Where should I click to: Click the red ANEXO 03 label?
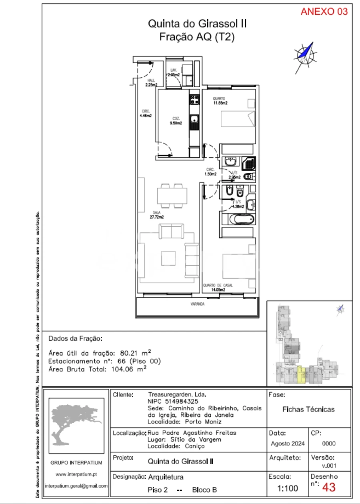pos(324,12)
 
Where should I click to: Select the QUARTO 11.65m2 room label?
pos(220,101)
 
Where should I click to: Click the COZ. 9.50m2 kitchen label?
pos(176,121)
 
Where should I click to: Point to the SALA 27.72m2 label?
pos(157,215)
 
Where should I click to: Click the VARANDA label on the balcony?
pos(197,304)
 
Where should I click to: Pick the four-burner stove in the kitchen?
pos(194,99)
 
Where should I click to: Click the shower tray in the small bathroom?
pos(248,163)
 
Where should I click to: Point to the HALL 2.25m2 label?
pos(151,82)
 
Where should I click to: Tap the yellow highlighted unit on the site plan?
pos(302,376)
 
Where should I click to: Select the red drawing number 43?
pos(328,487)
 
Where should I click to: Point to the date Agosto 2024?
pos(288,443)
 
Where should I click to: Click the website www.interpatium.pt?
pos(76,474)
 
